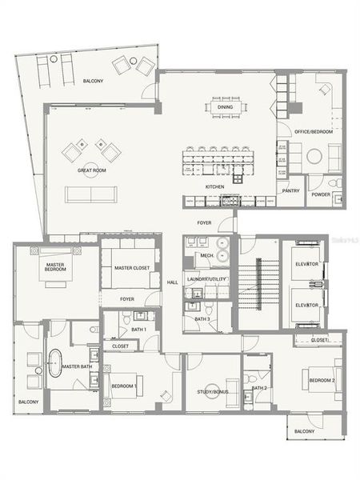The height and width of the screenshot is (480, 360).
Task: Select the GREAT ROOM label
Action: [x=92, y=170]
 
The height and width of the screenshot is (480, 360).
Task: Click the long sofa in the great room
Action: [x=91, y=194]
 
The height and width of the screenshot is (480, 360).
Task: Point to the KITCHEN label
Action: [x=214, y=186]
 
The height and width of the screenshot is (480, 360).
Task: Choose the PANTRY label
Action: [x=290, y=190]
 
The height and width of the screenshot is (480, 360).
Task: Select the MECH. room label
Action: [x=206, y=256]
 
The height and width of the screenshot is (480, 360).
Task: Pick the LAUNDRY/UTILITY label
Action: [x=206, y=278]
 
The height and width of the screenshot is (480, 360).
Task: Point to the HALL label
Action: [x=173, y=282]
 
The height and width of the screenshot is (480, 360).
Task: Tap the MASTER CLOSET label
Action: [x=130, y=268]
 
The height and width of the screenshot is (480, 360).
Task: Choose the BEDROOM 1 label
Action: [x=124, y=386]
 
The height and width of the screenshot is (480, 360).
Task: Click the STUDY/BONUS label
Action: [x=212, y=392]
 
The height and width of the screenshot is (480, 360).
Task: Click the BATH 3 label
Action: [x=202, y=319]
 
